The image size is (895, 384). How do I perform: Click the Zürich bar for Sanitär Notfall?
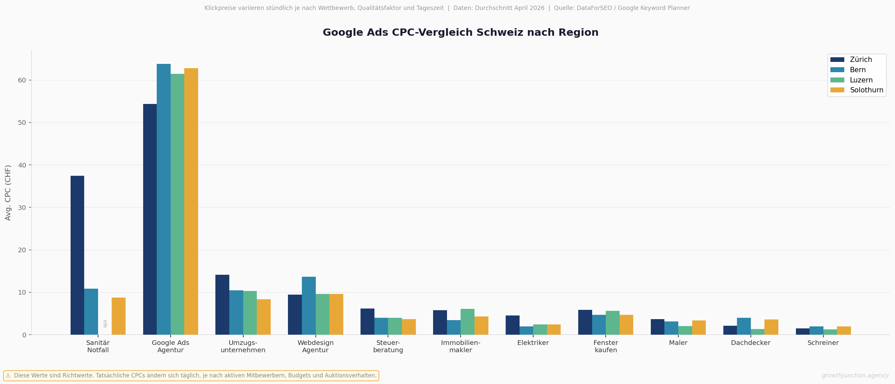coord(77,255)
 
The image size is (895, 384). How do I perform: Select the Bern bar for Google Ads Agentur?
coord(164,199)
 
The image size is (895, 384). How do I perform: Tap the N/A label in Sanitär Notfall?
coord(105,323)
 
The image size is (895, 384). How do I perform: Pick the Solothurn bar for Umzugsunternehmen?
coord(264,317)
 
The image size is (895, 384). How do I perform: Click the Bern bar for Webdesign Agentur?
coord(308,306)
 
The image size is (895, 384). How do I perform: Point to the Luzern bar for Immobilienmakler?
coord(467,322)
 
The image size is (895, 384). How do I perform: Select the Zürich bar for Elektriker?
coord(513,325)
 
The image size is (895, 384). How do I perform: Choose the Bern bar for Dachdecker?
coord(744,326)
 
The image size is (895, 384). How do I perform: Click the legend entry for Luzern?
coord(861,80)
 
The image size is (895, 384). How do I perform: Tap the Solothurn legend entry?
coord(866,90)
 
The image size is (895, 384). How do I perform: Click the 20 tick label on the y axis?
coord(22,250)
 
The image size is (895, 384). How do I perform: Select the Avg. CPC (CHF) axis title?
coord(8,193)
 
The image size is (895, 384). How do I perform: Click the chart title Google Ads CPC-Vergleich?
coord(460,32)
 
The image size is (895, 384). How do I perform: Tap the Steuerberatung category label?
coord(388,346)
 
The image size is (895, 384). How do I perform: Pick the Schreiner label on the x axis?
coord(823,343)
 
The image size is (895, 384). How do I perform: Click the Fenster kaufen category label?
coord(606,346)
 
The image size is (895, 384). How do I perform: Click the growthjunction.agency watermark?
coord(855,375)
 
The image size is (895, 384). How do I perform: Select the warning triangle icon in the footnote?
coord(8,375)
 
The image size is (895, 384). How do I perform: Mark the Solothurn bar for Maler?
coord(699,327)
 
